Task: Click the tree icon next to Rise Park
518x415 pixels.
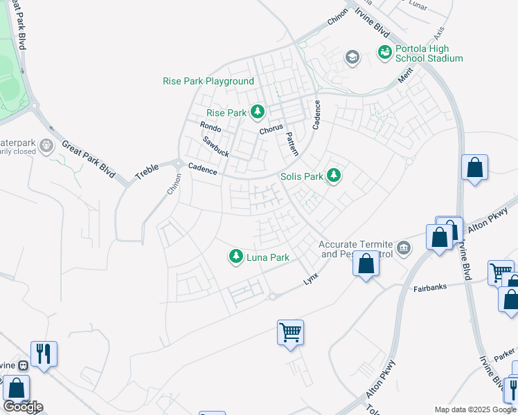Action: [x=258, y=111]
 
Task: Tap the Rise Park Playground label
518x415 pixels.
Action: [x=208, y=81]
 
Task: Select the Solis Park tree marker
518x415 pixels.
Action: [x=334, y=176]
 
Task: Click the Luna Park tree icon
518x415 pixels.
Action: [x=236, y=257]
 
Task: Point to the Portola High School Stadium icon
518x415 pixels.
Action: [x=384, y=52]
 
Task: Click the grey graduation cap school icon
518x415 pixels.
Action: [x=352, y=57]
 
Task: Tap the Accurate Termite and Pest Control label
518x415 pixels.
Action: [x=355, y=249]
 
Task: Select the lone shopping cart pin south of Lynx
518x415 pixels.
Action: [x=290, y=332]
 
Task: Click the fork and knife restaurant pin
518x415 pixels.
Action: [x=44, y=353]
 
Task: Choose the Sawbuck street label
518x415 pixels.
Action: [x=215, y=145]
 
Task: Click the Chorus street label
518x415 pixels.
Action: [x=271, y=129]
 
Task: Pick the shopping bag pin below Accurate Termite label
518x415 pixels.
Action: [x=366, y=264]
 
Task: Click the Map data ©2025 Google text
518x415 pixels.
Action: [x=475, y=409]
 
